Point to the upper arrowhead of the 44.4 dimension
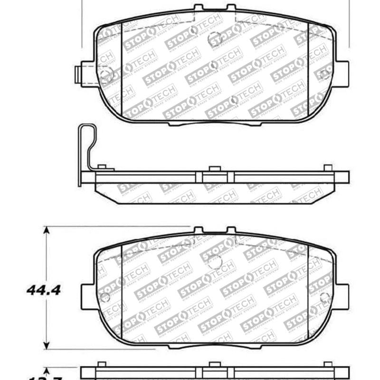pos(46,231)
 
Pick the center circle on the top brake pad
pos(215,38)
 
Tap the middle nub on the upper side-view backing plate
pos(215,168)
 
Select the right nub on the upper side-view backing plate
pos(328,168)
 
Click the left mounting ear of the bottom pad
pos(88,297)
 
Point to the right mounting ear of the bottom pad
pos(341,297)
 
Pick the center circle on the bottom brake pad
pos(215,261)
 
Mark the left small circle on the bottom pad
pos(105,297)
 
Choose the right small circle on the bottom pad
pos(325,297)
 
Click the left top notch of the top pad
pos(198,8)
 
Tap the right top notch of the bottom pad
pos(231,230)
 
